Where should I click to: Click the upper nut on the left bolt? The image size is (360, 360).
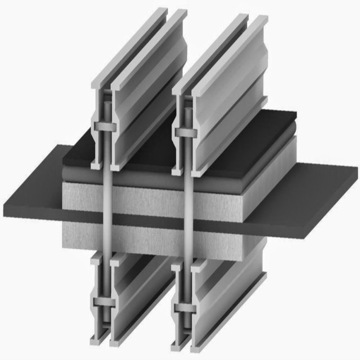pyautogui.click(x=106, y=127)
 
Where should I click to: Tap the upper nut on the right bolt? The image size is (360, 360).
pyautogui.click(x=186, y=132)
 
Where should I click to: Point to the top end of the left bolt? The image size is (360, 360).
pyautogui.click(x=108, y=102)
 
